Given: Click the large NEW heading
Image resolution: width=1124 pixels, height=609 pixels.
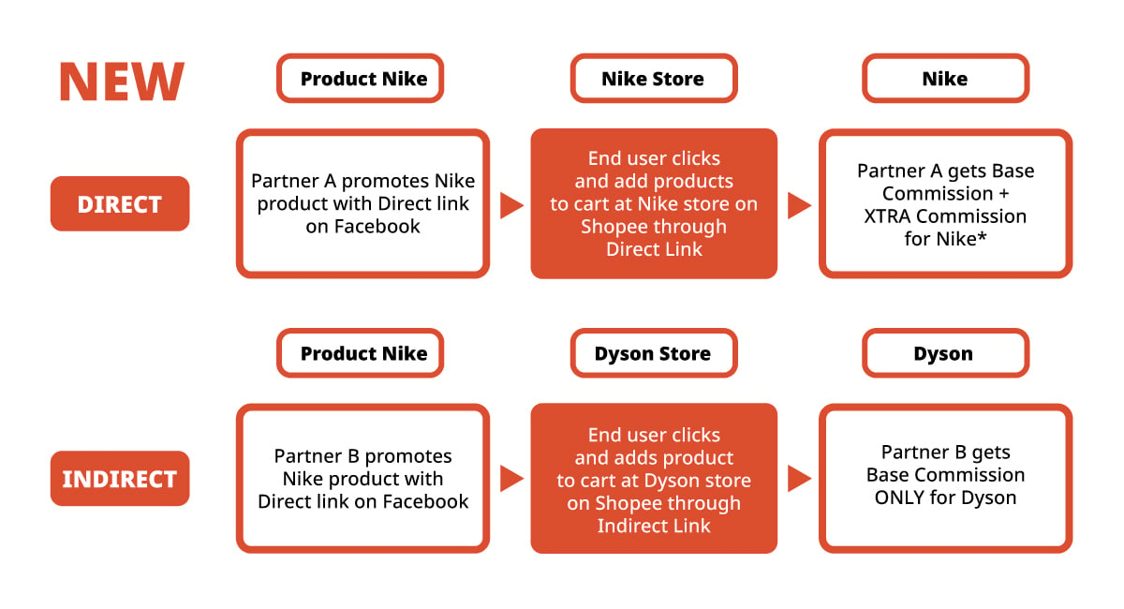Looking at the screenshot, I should click(x=122, y=82).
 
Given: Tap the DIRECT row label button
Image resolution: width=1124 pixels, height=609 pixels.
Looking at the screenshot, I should click(x=120, y=204).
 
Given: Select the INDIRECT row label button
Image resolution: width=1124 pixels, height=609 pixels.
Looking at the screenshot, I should click(x=120, y=479).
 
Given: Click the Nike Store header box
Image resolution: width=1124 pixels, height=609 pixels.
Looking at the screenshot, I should click(x=653, y=79).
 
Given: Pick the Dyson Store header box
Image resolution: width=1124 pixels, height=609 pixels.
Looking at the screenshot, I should click(x=653, y=353).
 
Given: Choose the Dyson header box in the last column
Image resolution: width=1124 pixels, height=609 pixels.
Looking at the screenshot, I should click(x=944, y=353).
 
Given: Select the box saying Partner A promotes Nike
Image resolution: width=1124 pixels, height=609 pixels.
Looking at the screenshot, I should click(x=363, y=203).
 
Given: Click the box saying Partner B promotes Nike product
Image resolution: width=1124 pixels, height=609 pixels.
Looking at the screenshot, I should click(x=363, y=479).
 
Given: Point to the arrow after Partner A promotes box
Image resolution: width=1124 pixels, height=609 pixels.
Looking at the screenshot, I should click(x=511, y=205).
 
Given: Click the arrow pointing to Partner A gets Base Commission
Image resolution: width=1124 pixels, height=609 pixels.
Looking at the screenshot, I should click(x=799, y=205).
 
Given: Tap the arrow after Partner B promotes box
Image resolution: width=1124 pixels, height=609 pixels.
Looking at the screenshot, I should click(x=511, y=479).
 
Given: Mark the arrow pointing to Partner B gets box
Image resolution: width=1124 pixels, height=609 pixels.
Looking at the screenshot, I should click(x=799, y=479).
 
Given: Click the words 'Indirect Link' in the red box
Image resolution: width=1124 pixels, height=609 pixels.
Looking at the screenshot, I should click(x=654, y=526).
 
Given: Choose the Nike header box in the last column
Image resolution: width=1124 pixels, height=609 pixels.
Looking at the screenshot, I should click(x=944, y=79).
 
